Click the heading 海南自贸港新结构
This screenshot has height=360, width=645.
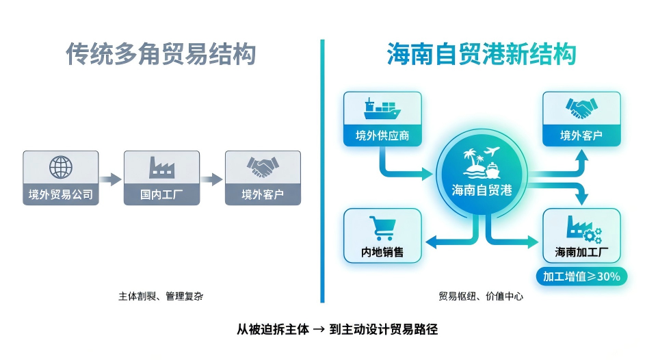coord(482,55)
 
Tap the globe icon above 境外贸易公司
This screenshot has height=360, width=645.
coord(60,167)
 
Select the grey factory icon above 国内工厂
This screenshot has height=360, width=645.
coord(161,167)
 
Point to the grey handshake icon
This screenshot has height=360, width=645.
coord(263,167)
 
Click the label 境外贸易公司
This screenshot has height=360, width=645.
coord(60,194)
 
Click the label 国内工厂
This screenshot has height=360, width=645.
coord(161,194)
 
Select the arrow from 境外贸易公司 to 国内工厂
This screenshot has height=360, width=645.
coord(110,179)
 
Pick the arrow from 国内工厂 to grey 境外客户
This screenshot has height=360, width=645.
coord(211,179)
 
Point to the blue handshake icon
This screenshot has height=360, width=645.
coord(581,107)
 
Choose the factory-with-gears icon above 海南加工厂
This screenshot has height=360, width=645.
coord(581,228)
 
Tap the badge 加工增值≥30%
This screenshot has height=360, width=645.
coord(581,277)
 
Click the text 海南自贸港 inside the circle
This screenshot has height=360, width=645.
coord(482,190)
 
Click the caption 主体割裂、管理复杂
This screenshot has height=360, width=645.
coord(161,296)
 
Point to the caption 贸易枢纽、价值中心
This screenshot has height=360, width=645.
coord(482,296)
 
